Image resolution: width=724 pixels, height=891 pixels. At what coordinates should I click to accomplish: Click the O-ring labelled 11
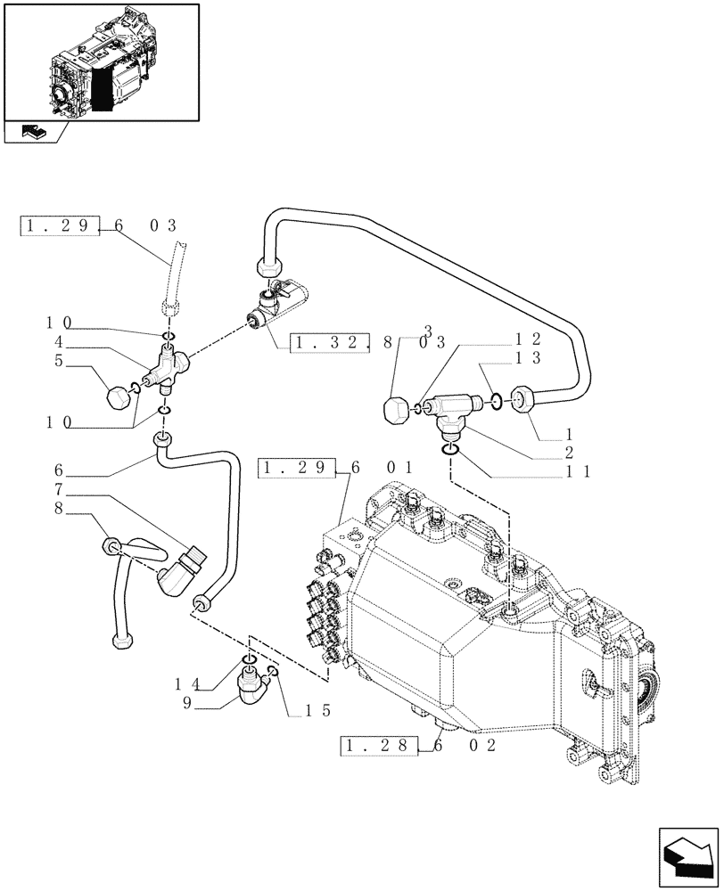coord(451,448)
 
